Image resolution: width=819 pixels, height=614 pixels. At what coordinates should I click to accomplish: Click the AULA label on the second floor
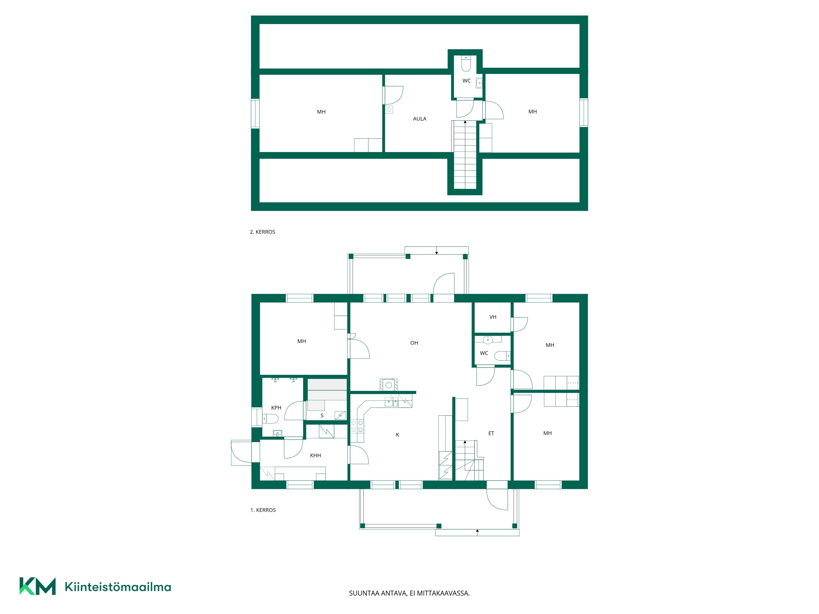(420, 119)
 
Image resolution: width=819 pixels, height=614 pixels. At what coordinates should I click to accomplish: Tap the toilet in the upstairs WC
(466, 64)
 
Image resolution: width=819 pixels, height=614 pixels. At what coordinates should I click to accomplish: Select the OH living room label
(414, 343)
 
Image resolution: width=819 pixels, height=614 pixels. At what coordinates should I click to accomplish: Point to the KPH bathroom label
(276, 408)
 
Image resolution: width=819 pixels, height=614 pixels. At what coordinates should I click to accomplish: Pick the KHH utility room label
(316, 456)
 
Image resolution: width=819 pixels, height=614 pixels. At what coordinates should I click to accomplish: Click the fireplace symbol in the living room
(388, 385)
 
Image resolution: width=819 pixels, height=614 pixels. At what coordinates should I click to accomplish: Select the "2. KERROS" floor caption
(262, 232)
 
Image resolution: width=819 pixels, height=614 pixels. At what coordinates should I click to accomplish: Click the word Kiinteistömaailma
(118, 587)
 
